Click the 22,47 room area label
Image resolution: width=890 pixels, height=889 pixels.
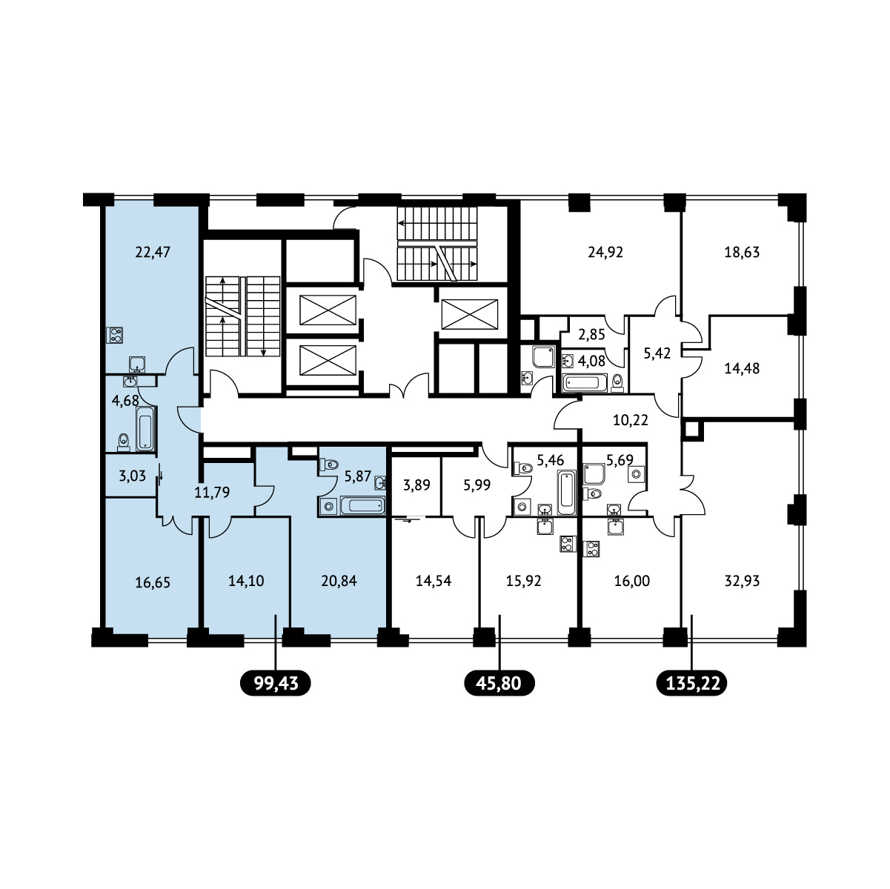tap(153, 253)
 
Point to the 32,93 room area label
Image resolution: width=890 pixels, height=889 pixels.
tap(742, 581)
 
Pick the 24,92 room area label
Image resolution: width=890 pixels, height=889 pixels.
tap(605, 252)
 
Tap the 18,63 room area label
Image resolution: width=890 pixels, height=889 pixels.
tap(742, 252)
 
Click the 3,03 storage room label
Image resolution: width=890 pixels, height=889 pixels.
tap(133, 476)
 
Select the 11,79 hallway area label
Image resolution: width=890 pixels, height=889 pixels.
tap(212, 493)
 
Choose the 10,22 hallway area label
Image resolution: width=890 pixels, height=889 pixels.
tap(631, 420)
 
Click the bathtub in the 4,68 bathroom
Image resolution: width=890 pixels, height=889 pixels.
tap(145, 428)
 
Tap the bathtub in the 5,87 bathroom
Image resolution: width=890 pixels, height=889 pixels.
tap(362, 505)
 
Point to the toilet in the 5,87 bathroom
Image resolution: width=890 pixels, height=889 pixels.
tap(329, 464)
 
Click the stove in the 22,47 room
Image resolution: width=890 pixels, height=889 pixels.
tap(115, 335)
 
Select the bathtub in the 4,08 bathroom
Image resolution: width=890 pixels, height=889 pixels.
tap(585, 383)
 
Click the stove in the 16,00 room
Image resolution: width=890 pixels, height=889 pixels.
tap(592, 548)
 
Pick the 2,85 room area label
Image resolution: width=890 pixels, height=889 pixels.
tap(591, 334)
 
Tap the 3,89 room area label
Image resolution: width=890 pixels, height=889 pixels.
tap(416, 485)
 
